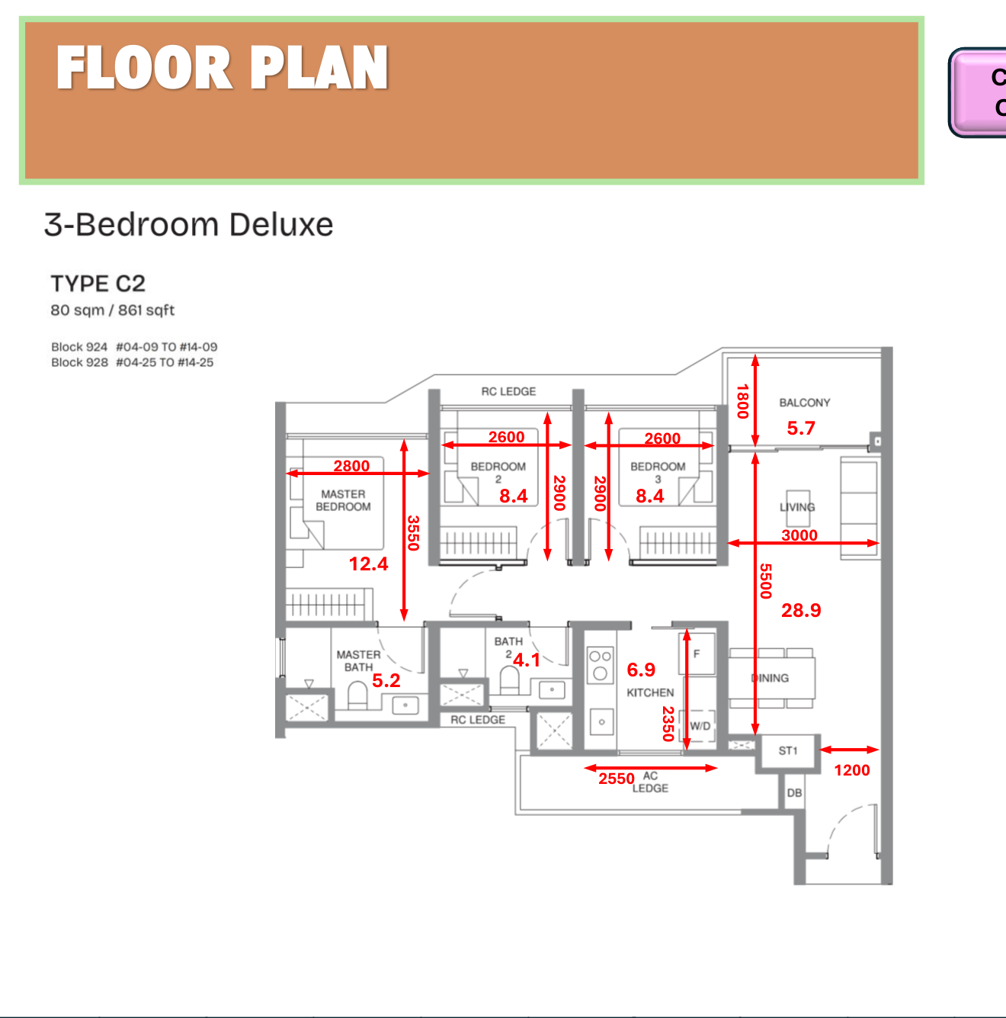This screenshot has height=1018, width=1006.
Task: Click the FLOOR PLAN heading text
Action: [x=222, y=68]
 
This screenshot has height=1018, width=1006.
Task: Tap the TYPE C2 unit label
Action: [x=98, y=284]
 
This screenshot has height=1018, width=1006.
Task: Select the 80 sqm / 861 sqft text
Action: [x=112, y=310]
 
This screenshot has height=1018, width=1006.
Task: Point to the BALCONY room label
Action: [x=804, y=403]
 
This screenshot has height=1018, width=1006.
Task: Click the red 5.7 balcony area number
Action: [x=801, y=429]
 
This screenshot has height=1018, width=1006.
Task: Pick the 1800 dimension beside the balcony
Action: [x=742, y=401]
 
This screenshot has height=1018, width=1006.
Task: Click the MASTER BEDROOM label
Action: [x=343, y=500]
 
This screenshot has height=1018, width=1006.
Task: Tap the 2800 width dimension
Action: [x=351, y=465]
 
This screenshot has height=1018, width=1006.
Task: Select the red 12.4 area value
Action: [x=368, y=564]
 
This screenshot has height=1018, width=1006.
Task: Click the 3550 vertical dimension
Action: [x=413, y=532]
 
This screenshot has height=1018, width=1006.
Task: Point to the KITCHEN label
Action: [x=650, y=692]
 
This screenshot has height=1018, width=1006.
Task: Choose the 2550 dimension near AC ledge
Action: [x=616, y=779]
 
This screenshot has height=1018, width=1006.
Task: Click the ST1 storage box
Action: [x=788, y=751]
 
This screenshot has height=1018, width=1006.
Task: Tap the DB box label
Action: [x=794, y=793]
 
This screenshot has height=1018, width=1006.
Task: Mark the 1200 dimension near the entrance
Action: [x=851, y=770]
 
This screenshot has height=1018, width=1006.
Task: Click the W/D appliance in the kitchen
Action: [x=700, y=726]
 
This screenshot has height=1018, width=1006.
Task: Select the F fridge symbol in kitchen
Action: [x=697, y=654]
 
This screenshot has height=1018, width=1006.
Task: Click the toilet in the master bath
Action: [x=357, y=695]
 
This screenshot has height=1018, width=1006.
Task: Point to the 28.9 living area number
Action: [x=801, y=610]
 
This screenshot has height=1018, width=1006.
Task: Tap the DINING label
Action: [x=771, y=678]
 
